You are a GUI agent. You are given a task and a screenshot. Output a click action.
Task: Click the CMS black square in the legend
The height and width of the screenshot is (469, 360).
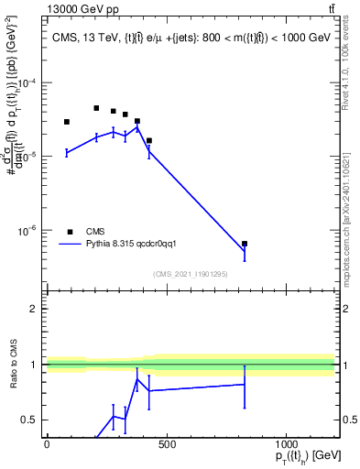point(70,232)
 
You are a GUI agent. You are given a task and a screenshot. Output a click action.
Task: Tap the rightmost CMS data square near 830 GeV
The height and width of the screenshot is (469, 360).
point(245,244)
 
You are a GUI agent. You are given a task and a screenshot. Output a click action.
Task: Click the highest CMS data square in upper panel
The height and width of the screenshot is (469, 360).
point(96,108)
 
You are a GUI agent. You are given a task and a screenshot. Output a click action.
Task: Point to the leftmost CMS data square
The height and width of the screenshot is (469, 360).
point(67,122)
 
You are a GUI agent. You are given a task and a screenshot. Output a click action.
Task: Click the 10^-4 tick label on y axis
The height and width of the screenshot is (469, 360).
point(25,82)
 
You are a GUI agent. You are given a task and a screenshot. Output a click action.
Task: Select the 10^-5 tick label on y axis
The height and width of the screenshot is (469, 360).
point(25,157)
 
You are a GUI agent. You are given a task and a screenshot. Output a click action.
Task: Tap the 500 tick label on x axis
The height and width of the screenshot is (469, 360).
point(166,444)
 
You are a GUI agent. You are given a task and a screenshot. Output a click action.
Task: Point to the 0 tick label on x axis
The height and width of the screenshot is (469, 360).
point(47,444)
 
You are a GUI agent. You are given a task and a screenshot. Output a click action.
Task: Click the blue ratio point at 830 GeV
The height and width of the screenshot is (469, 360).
point(245,384)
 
